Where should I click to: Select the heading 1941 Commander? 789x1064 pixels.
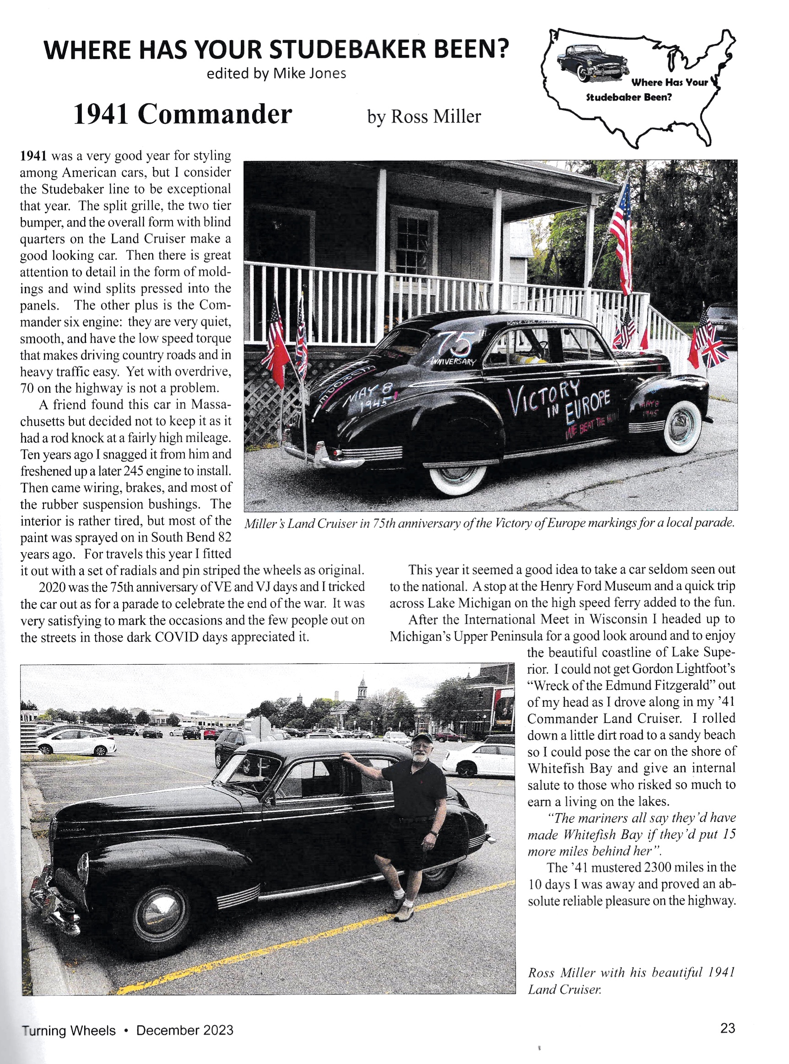point(183,114)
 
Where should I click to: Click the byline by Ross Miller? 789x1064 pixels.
point(424,117)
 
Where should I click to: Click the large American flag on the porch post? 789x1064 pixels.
point(622,235)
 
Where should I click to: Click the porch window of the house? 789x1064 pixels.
point(412,246)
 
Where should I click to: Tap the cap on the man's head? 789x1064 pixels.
point(421,737)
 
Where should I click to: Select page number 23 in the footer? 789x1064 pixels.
point(727,1028)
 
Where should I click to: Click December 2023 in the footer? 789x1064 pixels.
point(185,1030)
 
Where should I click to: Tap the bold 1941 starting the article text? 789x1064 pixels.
point(33,156)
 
